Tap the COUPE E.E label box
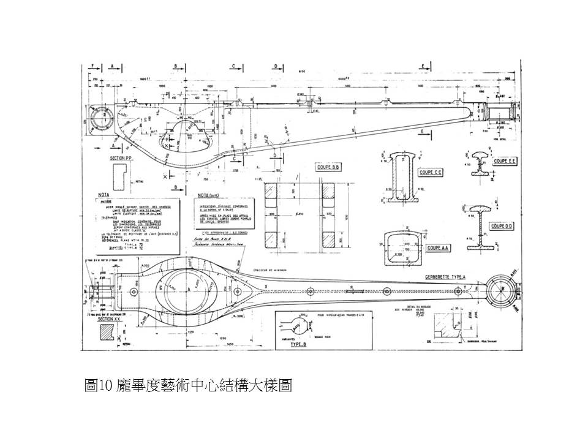click(506, 161)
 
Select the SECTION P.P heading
click(121, 158)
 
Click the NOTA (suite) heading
click(205, 197)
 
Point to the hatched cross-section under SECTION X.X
click(105, 331)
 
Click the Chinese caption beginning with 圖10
click(187, 385)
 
